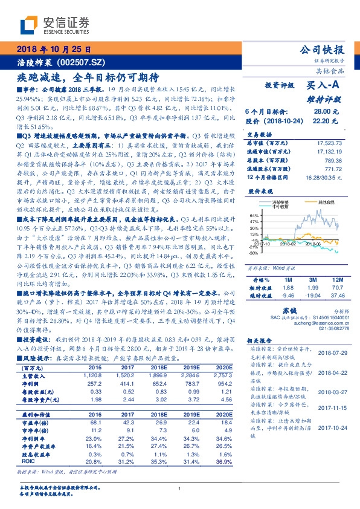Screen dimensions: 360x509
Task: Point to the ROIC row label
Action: [x=27, y=461]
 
